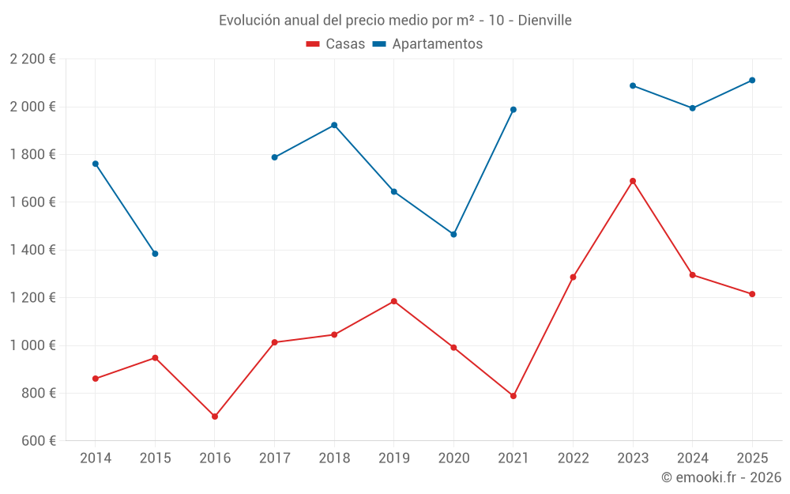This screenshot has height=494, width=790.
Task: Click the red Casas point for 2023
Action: [633, 181]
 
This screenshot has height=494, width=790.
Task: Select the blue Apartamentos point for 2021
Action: [513, 110]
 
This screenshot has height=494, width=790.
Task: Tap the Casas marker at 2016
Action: [215, 417]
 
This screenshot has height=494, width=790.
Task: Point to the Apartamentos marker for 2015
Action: [155, 254]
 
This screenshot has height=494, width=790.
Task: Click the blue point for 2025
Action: [752, 80]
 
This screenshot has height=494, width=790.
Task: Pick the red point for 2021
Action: [513, 396]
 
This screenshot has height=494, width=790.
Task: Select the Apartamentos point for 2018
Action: [334, 125]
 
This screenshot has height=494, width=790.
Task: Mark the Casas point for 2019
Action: [394, 301]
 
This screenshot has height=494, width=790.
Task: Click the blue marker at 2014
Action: [96, 164]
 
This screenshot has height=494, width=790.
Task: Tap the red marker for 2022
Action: [573, 277]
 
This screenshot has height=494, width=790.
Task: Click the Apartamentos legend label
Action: [437, 44]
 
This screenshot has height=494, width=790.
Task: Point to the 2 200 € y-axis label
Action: [32, 59]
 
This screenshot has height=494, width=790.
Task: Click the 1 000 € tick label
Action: [32, 345]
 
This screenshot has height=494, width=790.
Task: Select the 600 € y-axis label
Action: [38, 441]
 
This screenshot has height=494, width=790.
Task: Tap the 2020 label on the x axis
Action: [453, 458]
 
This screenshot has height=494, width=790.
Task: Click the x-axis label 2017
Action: [274, 458]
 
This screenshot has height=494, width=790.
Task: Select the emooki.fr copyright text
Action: [721, 477]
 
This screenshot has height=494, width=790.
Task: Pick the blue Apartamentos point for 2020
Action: [453, 234]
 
